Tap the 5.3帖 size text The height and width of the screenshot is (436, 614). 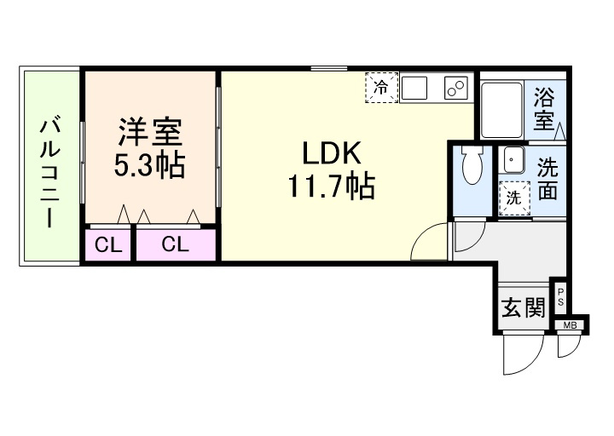click(x=150, y=164)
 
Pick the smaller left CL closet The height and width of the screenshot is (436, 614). click(x=107, y=245)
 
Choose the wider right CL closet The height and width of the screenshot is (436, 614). click(x=175, y=245)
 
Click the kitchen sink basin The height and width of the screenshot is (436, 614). click(x=418, y=87)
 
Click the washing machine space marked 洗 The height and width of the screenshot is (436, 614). click(x=513, y=195)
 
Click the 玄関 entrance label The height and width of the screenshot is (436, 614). click(x=522, y=307)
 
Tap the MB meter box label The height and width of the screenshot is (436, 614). click(x=569, y=324)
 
